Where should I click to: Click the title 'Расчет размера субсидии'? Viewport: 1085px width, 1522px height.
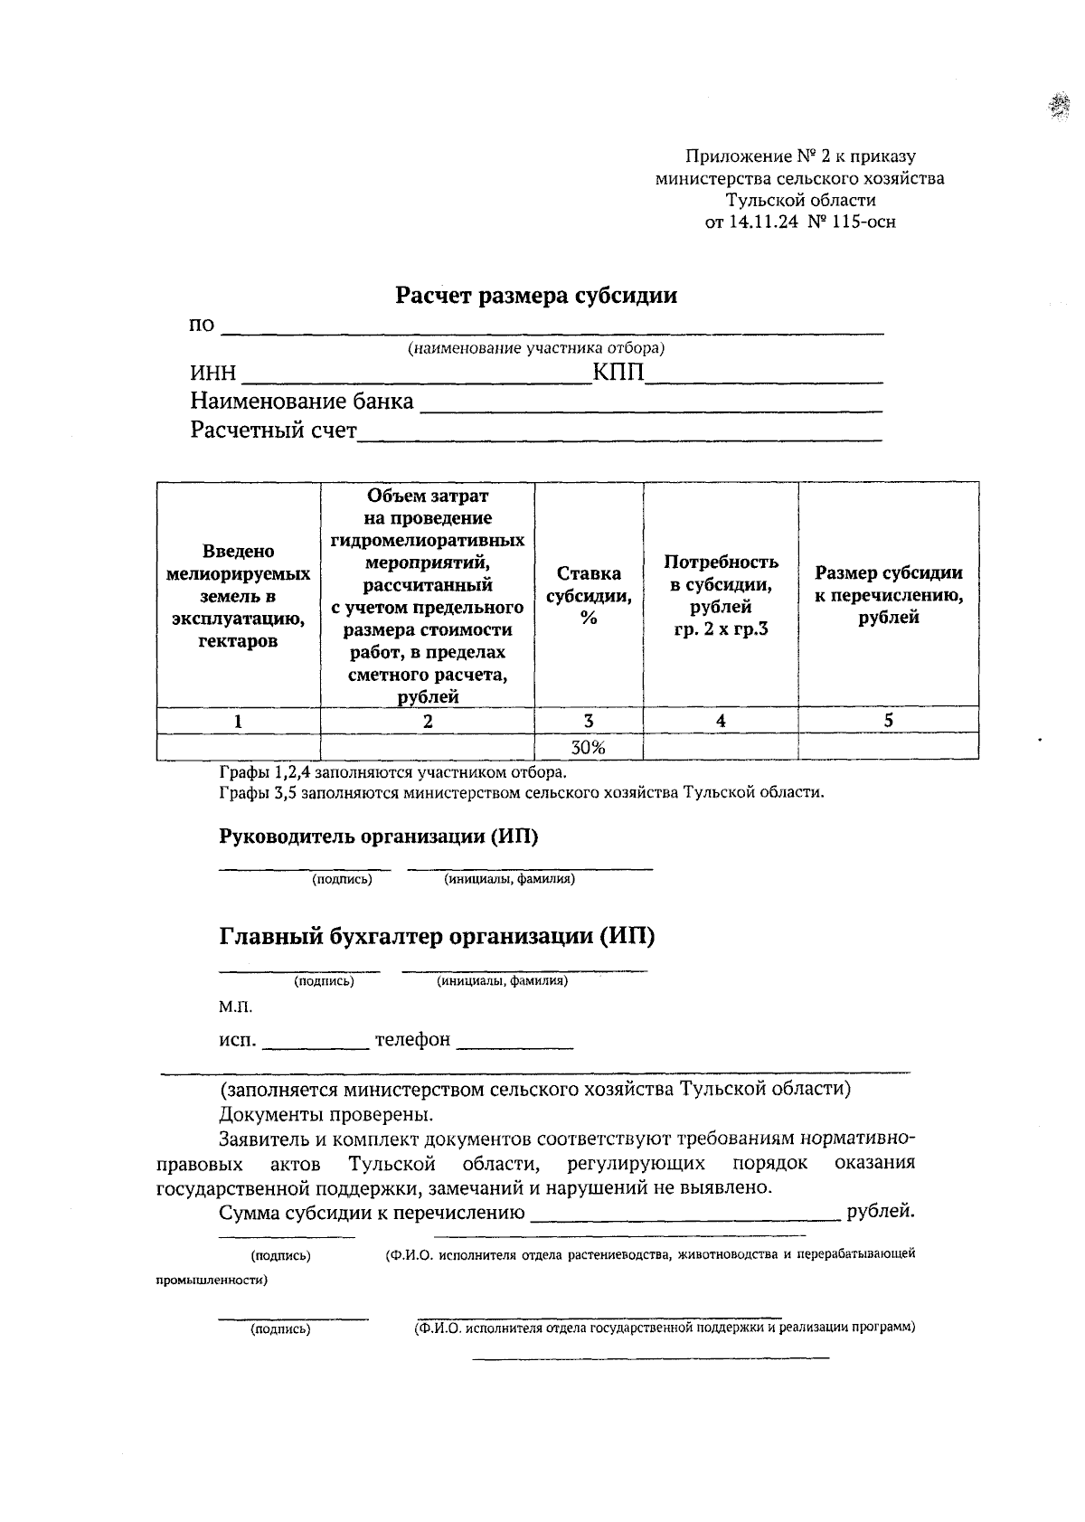pyautogui.click(x=536, y=296)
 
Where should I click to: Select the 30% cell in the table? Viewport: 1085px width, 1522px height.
pyautogui.click(x=588, y=747)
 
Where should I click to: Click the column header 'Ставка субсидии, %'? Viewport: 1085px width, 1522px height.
pyautogui.click(x=589, y=595)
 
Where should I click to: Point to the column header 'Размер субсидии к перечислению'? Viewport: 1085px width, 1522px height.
pyautogui.click(x=888, y=595)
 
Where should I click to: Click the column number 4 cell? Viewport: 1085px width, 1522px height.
pyautogui.click(x=721, y=721)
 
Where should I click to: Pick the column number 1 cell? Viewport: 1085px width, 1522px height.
pyautogui.click(x=238, y=721)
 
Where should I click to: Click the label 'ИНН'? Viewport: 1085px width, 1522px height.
pyautogui.click(x=212, y=373)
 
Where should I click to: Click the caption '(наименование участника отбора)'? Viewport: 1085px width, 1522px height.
pyautogui.click(x=536, y=348)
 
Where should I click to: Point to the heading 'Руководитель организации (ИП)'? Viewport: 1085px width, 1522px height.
pyautogui.click(x=378, y=837)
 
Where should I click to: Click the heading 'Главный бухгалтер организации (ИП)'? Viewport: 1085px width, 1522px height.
pyautogui.click(x=437, y=936)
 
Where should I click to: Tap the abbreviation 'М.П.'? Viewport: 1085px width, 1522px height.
pyautogui.click(x=235, y=1007)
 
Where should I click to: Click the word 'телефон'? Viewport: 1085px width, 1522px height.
pyautogui.click(x=412, y=1040)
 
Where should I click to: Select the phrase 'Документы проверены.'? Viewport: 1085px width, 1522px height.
pyautogui.click(x=325, y=1114)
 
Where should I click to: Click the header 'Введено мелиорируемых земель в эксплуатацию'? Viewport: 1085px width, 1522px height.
pyautogui.click(x=238, y=595)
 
